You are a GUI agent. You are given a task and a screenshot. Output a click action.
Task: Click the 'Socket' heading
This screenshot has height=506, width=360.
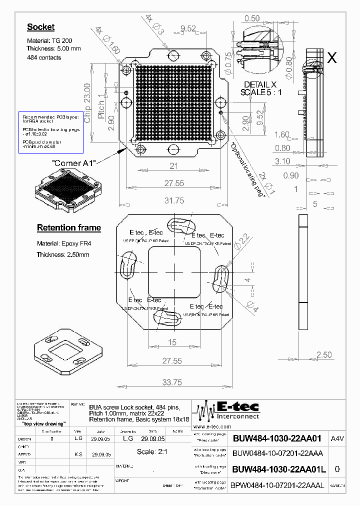click(40, 27)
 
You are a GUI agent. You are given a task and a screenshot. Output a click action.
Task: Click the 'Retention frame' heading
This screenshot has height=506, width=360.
click(69, 228)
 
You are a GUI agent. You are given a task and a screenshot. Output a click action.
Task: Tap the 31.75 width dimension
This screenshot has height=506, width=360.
click(174, 200)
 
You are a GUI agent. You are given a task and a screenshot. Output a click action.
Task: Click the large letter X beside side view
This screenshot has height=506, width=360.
click(331, 58)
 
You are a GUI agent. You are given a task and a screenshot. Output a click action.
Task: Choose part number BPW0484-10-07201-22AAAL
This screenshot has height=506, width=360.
click(278, 485)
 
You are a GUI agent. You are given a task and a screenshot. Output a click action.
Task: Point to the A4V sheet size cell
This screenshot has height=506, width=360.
click(337, 439)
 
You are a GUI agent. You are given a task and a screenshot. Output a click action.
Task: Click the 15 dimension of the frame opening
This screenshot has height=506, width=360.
click(172, 342)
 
